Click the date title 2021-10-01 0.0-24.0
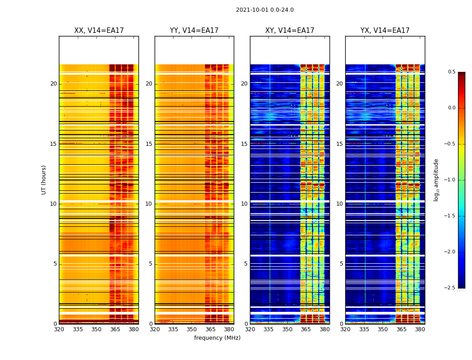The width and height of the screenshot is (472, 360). [265, 10]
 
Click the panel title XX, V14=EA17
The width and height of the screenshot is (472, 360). [99, 31]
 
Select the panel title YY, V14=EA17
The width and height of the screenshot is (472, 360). [194, 31]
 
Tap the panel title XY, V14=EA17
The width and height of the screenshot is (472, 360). [289, 31]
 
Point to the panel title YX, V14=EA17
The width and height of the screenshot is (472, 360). [385, 31]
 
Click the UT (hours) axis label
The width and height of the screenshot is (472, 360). [44, 180]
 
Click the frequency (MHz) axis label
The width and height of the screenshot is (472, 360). [217, 338]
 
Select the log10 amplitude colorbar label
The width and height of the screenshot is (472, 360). [436, 180]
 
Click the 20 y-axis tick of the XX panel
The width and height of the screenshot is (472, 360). [53, 84]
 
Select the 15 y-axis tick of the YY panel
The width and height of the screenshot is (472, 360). [149, 144]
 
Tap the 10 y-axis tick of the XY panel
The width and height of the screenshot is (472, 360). [244, 204]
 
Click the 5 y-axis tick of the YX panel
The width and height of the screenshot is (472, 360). [341, 264]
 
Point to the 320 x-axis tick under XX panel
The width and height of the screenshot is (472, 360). [59, 329]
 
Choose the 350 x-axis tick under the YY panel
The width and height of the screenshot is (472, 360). [192, 329]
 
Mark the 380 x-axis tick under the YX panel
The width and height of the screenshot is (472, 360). [420, 329]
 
